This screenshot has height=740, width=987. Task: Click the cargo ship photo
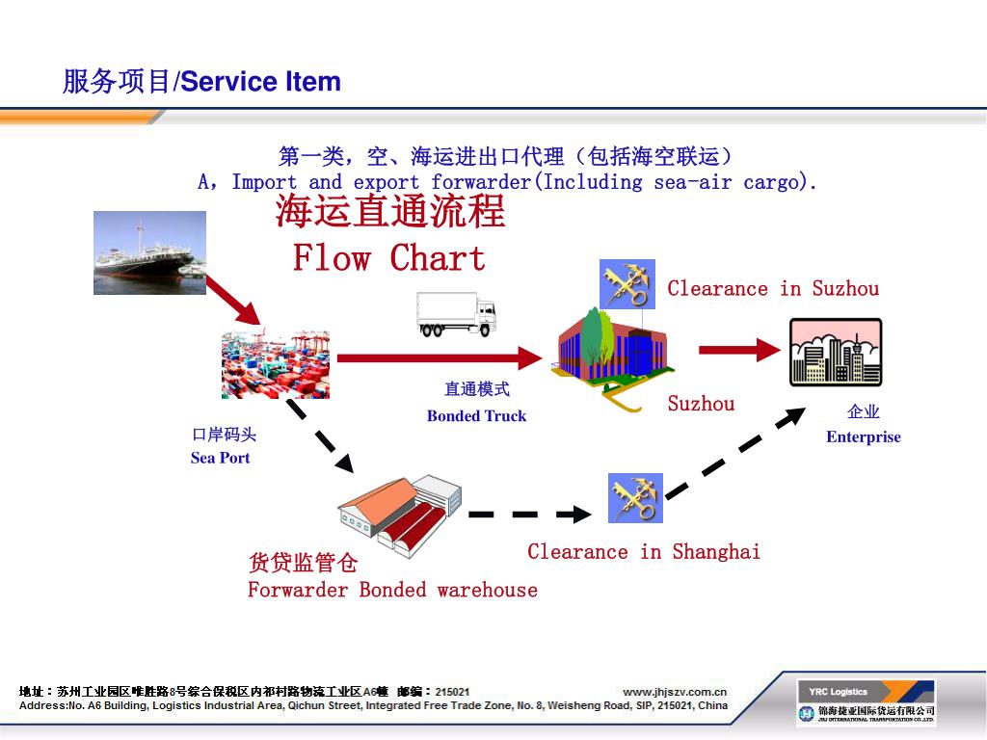[x=149, y=252]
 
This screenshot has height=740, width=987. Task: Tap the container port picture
[x=276, y=364]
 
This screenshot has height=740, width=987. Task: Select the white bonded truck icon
[x=457, y=313]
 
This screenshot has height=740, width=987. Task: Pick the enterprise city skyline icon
[x=835, y=353]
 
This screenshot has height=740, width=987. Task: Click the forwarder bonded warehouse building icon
[x=400, y=513]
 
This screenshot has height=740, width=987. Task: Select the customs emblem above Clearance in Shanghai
[x=635, y=498]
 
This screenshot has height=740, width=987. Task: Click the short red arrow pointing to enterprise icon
[x=738, y=350]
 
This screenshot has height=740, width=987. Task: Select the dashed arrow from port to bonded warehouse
[x=321, y=436]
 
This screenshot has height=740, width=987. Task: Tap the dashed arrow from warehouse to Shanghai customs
[x=529, y=515]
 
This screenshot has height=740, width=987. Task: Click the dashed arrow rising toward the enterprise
[x=736, y=453]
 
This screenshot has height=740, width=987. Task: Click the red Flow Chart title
[x=389, y=258]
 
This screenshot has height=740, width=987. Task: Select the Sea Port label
[x=220, y=458]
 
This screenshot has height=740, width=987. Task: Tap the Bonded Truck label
[x=476, y=416]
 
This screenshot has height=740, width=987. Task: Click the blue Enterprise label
[x=863, y=436]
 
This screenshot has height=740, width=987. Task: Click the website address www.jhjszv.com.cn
[x=675, y=691]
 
